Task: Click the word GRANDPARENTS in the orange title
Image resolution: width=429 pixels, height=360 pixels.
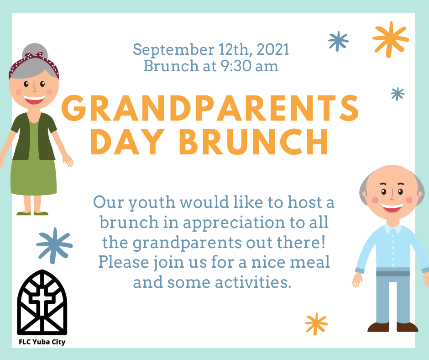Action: (x=210, y=108)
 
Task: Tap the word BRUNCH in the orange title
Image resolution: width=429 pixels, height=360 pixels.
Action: (x=253, y=142)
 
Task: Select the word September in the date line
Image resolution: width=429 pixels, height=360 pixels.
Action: (x=174, y=50)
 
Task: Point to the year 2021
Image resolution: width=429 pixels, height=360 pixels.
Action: (x=273, y=50)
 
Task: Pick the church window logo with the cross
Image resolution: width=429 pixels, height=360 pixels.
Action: (x=42, y=302)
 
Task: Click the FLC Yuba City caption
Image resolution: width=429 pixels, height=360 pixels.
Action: (x=42, y=342)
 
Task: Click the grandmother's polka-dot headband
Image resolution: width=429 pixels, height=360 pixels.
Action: (x=33, y=64)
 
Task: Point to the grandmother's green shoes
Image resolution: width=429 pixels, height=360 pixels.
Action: (x=32, y=213)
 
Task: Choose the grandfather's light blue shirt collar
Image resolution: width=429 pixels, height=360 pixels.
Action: (x=393, y=228)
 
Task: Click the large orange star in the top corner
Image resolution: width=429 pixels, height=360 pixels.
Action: (x=390, y=39)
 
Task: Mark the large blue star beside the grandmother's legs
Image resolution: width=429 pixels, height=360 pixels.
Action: (x=54, y=245)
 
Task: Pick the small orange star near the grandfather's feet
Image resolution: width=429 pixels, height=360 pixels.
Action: (x=316, y=324)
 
